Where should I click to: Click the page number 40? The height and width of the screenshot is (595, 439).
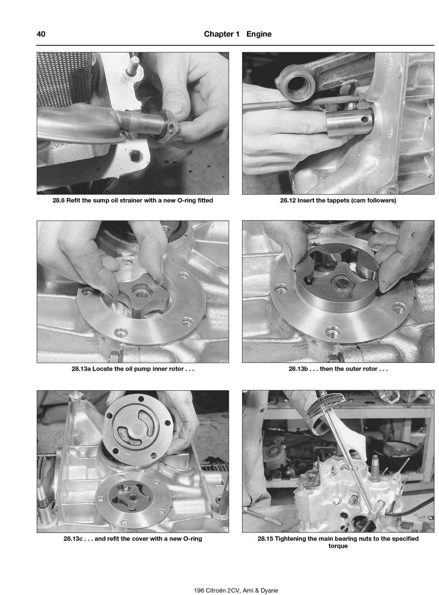pyautogui.click(x=41, y=34)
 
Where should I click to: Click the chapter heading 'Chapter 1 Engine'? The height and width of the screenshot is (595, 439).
pyautogui.click(x=238, y=34)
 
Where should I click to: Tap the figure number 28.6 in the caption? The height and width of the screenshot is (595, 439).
pyautogui.click(x=60, y=200)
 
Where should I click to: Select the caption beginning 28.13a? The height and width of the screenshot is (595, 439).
pyautogui.click(x=133, y=369)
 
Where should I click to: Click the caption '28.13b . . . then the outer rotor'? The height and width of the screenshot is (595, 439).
pyautogui.click(x=338, y=369)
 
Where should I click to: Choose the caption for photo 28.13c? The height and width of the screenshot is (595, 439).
pyautogui.click(x=133, y=538)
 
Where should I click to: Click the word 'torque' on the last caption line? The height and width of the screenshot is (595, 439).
pyautogui.click(x=338, y=546)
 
